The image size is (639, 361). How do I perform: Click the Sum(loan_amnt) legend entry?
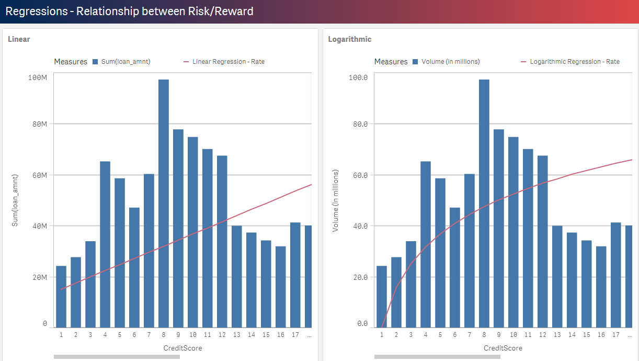pyautogui.click(x=125, y=62)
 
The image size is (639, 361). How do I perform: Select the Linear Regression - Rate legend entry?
pyautogui.click(x=228, y=62)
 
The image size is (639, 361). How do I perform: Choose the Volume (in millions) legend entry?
pyautogui.click(x=450, y=62)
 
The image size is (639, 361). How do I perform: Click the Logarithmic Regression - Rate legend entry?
pyautogui.click(x=574, y=62)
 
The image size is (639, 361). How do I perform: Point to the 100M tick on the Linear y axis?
pyautogui.click(x=38, y=77)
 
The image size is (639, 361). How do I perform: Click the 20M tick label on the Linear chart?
pyautogui.click(x=39, y=277)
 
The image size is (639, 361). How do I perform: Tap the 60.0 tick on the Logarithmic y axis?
pyautogui.click(x=358, y=175)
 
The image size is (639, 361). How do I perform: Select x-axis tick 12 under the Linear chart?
pyautogui.click(x=222, y=335)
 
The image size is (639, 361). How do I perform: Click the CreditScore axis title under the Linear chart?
pyautogui.click(x=182, y=348)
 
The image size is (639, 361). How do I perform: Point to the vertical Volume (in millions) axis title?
pyautogui.click(x=335, y=200)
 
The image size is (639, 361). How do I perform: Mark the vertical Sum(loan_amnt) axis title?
pyautogui.click(x=15, y=200)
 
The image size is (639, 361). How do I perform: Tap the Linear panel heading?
pyautogui.click(x=19, y=39)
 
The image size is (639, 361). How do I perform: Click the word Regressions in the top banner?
pyautogui.click(x=36, y=12)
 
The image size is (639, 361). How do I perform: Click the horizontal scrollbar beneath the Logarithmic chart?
pyautogui.click(x=437, y=357)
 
